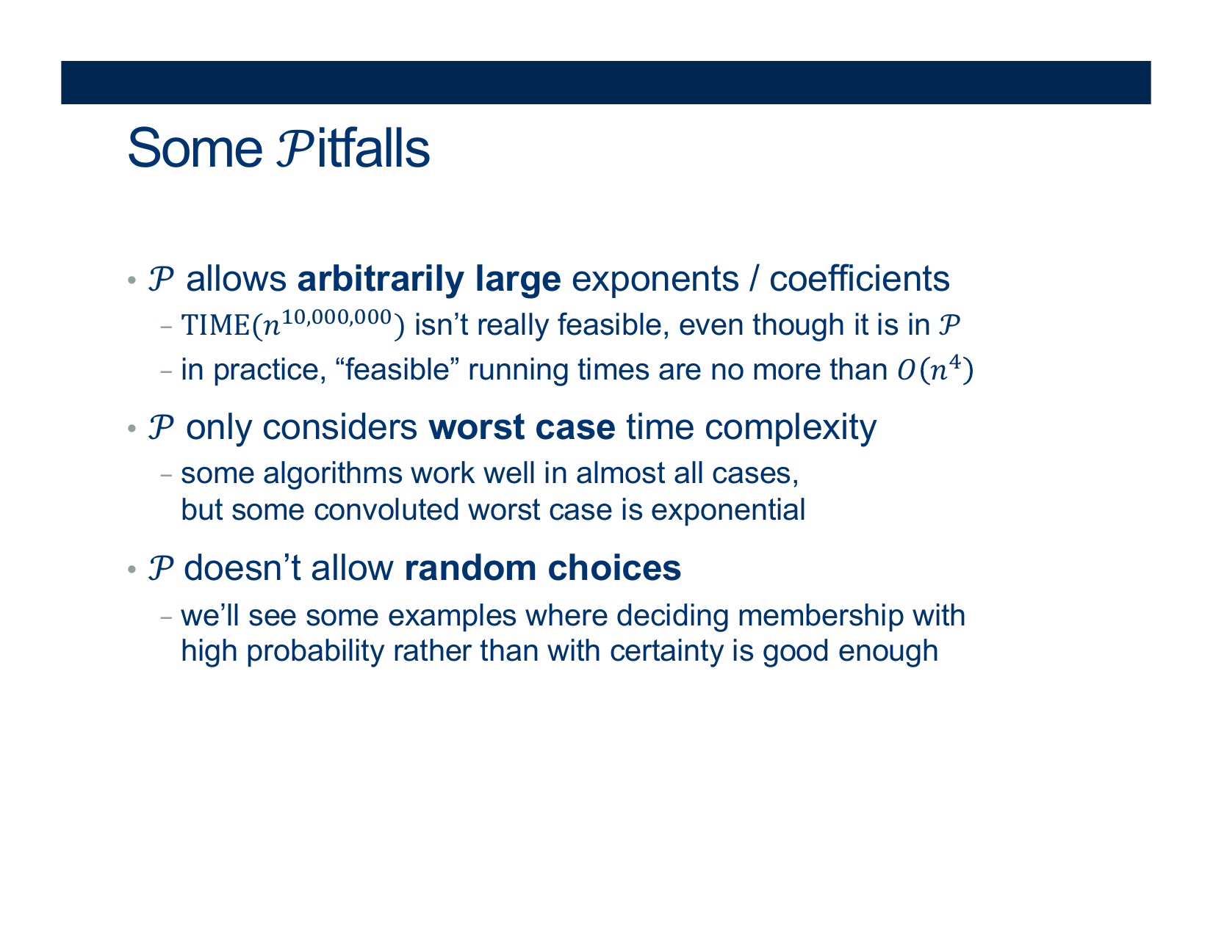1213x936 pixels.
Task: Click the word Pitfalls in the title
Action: pos(353,148)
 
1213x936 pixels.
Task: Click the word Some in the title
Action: pos(195,148)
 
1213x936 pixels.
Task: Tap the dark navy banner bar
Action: pos(606,82)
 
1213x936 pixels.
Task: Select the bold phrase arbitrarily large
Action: pos(429,280)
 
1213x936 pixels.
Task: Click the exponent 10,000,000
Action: pos(336,317)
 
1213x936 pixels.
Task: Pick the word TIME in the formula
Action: pos(216,325)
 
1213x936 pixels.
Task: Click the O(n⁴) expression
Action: pos(935,369)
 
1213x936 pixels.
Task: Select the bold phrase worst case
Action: pos(522,427)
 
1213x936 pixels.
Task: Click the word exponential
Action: pos(728,510)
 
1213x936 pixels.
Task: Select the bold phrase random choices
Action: pos(543,568)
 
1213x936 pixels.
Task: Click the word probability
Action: pos(315,651)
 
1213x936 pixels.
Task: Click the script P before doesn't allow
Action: pos(161,568)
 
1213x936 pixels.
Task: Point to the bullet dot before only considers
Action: pos(132,429)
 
